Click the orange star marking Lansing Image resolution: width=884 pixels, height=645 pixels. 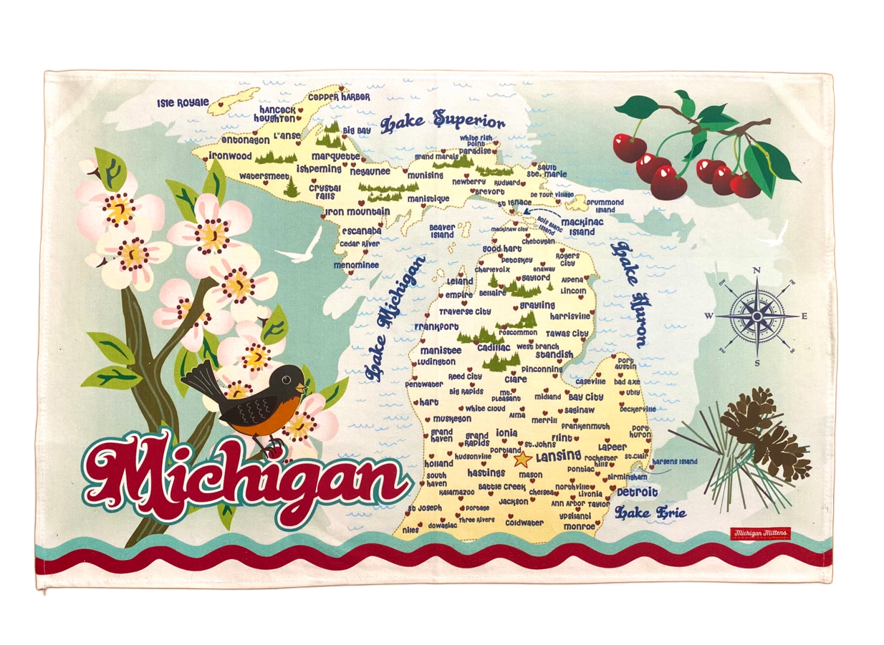pos(522,458)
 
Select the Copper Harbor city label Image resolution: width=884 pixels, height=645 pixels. pos(339,97)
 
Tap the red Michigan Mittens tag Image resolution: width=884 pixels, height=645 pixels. pos(759,533)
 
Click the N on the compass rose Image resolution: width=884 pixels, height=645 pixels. pos(756,271)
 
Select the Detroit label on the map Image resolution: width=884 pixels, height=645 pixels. pos(637,493)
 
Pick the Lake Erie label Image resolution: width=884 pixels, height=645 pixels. pos(650,513)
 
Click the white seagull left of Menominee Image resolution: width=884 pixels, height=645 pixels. pos(299,247)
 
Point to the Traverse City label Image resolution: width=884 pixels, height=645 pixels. pos(465,311)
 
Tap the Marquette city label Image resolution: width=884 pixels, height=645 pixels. pos(335,156)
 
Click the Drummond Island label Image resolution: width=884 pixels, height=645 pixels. pos(605,206)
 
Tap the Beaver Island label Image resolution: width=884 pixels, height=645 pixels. pos(442,231)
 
